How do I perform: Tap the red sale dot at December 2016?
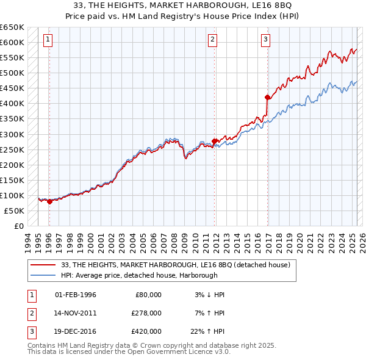267,97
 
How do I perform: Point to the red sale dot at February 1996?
49,201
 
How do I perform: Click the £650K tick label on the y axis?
12,27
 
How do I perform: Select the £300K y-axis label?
12,134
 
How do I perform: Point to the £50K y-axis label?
14,211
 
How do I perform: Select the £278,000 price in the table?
146,312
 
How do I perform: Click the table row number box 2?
30,312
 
